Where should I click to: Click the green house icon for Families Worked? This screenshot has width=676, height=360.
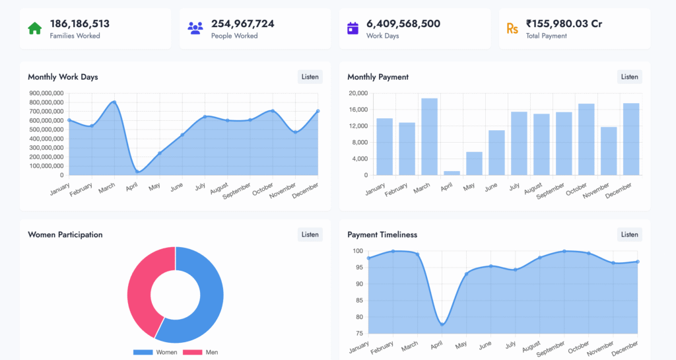[x=34, y=28]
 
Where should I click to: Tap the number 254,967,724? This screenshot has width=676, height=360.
[x=242, y=24]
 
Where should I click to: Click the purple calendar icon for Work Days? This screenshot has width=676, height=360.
[x=353, y=28]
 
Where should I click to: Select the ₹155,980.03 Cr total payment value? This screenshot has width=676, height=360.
[x=564, y=24]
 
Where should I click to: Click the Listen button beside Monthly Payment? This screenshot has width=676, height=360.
[x=629, y=77]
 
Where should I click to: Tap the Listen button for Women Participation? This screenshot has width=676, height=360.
[x=310, y=234]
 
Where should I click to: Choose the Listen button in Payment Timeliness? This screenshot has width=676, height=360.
[x=629, y=234]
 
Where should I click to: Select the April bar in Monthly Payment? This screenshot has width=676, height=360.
[x=452, y=172]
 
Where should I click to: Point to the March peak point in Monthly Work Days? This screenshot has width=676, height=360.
[x=114, y=102]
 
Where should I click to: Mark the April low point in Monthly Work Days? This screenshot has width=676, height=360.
[x=137, y=172]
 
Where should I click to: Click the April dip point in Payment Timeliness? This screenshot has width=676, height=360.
[x=442, y=324]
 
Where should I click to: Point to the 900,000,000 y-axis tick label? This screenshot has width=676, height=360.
[x=46, y=93]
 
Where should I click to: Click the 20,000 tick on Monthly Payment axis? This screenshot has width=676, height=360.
[x=358, y=93]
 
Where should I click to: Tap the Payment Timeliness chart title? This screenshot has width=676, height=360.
[x=382, y=234]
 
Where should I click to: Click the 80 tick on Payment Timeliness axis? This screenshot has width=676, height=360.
[x=358, y=317]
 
